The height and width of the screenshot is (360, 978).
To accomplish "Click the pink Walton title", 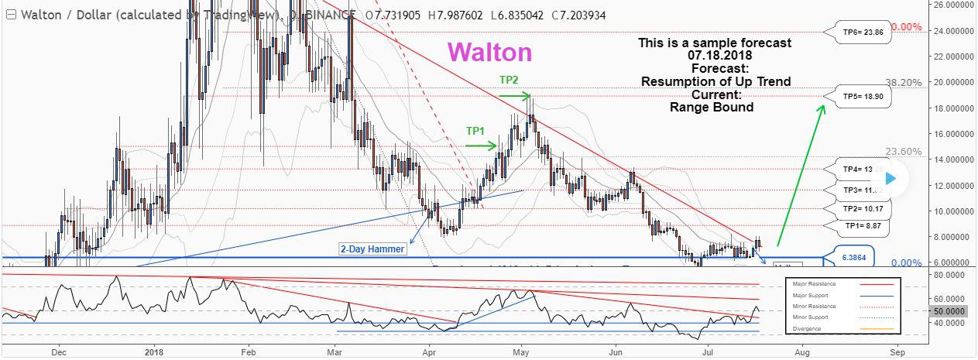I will point(489,53).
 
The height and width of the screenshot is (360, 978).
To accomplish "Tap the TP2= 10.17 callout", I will point(863,209).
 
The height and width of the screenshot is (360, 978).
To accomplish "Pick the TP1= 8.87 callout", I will point(863,226).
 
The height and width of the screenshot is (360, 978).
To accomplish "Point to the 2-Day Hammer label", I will point(372,249).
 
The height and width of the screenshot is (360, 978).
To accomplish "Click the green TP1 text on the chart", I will point(476,131).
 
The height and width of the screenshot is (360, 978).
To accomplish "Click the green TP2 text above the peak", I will point(509,80).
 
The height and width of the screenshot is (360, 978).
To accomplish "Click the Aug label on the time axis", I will point(803,351).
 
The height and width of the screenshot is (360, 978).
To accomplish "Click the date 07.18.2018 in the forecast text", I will point(715,56).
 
